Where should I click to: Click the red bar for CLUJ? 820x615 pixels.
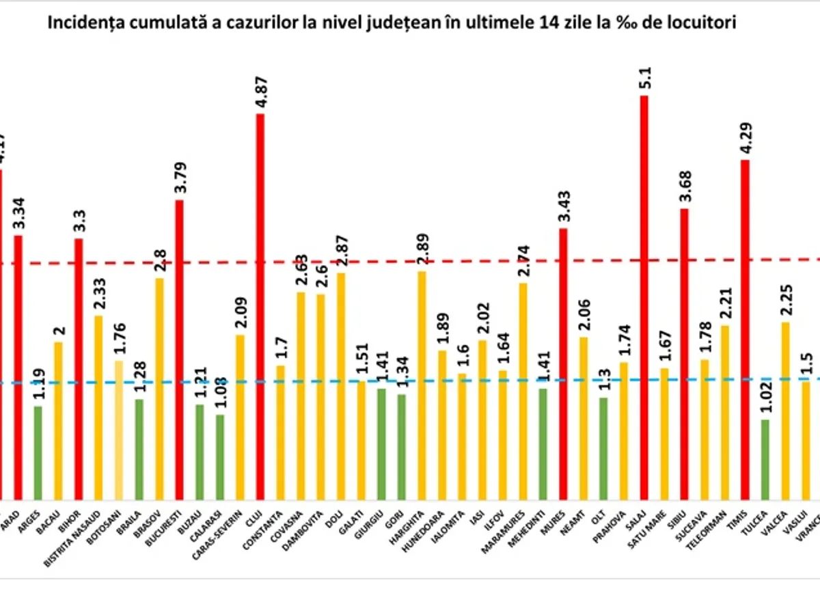point(260,307)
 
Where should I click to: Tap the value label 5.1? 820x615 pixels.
point(644,79)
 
